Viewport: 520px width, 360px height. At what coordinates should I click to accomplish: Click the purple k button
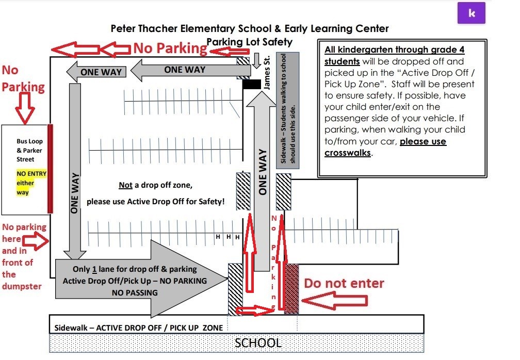pos(472,13)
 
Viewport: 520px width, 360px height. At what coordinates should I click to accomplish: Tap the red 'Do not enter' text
pos(344,283)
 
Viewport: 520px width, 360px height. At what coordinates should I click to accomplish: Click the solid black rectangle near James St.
pos(252,84)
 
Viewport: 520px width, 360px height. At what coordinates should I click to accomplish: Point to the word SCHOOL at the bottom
pos(258,343)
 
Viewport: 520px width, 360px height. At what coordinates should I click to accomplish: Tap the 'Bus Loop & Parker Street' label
pos(29,151)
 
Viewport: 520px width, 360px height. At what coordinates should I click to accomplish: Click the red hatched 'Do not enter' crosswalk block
pos(291,288)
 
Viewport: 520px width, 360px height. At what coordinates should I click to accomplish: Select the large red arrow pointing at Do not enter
pos(335,301)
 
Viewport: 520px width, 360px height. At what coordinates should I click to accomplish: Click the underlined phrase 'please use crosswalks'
pos(385,147)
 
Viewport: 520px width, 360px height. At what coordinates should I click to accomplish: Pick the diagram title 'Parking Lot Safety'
pos(249,42)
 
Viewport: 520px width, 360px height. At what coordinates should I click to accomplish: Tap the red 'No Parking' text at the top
pos(170,48)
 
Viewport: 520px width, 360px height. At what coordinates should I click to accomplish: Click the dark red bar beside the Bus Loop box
pos(50,168)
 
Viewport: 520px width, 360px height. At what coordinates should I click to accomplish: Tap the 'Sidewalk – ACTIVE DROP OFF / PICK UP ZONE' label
pos(139,328)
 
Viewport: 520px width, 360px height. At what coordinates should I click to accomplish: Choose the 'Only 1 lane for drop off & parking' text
pos(135,269)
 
